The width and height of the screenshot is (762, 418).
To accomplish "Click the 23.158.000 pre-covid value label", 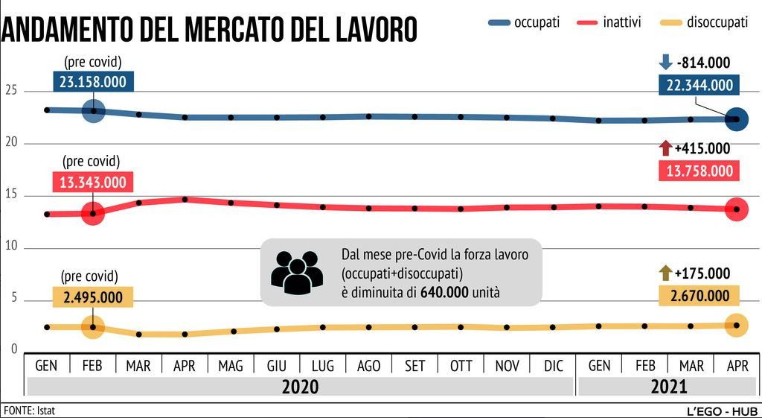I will [x=93, y=82].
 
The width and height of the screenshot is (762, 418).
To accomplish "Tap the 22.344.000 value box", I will [x=699, y=85].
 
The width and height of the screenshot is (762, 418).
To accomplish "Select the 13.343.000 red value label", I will [x=93, y=183].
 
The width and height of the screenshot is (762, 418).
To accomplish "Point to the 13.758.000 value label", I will [x=699, y=171].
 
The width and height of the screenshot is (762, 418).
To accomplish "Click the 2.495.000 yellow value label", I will [x=93, y=297].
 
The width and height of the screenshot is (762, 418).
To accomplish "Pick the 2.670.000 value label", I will [x=699, y=296].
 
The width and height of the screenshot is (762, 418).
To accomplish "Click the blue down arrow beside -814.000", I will [x=666, y=63].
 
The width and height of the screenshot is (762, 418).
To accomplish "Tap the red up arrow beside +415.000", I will [x=666, y=148].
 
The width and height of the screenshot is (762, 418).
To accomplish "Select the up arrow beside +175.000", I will [x=666, y=273].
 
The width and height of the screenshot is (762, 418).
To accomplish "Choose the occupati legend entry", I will [x=525, y=22].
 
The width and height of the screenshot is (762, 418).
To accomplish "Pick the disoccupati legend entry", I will [x=704, y=22].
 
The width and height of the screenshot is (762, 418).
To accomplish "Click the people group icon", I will [x=296, y=272].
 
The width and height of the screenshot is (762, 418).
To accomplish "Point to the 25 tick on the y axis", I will [x=11, y=91].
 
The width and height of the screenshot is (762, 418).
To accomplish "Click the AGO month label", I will [x=368, y=366].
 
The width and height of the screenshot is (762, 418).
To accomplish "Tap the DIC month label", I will [x=553, y=366].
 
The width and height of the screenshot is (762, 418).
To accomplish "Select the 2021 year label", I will [x=667, y=387].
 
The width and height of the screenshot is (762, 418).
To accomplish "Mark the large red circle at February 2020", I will [x=93, y=214].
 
